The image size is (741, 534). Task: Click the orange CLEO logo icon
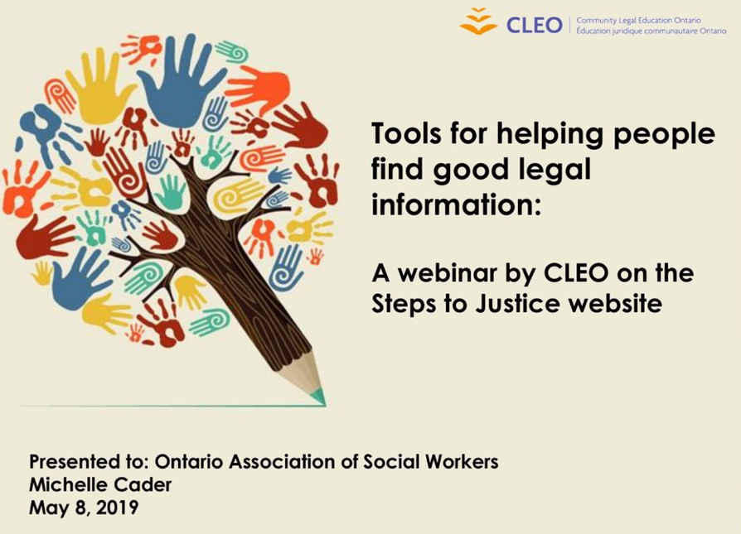[478, 22]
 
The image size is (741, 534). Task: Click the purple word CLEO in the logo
[534, 25]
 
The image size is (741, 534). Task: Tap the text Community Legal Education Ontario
[638, 21]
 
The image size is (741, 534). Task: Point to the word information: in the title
[456, 204]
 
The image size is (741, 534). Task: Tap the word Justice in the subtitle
[518, 303]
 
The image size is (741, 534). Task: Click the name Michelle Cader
[100, 484]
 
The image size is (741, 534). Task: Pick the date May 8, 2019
[84, 508]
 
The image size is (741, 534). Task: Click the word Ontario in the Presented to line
[188, 461]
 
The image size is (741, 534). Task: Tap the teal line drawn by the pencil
[172, 405]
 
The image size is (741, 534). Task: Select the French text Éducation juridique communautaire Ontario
[651, 31]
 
